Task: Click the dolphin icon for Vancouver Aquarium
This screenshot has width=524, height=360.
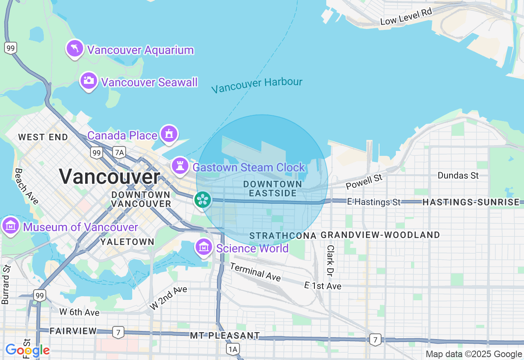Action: tap(75, 49)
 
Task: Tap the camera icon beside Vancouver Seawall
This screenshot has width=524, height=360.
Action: tap(88, 81)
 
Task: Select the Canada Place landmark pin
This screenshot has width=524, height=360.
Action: tap(169, 134)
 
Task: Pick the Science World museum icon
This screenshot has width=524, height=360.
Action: tap(203, 247)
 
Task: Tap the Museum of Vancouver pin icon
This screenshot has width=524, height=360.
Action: tap(10, 225)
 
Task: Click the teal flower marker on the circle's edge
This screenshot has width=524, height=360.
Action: tap(203, 200)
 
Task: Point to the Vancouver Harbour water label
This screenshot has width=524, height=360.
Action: tap(257, 85)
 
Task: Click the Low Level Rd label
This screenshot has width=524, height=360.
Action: tap(406, 17)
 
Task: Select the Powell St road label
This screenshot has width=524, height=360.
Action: tap(364, 182)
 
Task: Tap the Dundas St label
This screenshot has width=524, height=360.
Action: tap(458, 175)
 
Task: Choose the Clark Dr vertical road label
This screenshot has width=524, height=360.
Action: tap(330, 260)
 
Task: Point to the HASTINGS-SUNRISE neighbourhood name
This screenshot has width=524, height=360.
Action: tap(471, 202)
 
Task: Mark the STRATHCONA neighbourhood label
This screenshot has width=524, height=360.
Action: tap(283, 236)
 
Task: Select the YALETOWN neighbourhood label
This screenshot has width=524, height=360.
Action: tap(127, 242)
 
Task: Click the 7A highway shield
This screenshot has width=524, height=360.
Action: tap(119, 153)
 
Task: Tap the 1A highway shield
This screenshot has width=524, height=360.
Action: tap(233, 349)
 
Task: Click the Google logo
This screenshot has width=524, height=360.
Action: tap(27, 350)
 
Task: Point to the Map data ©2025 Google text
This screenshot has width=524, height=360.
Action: tap(474, 354)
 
